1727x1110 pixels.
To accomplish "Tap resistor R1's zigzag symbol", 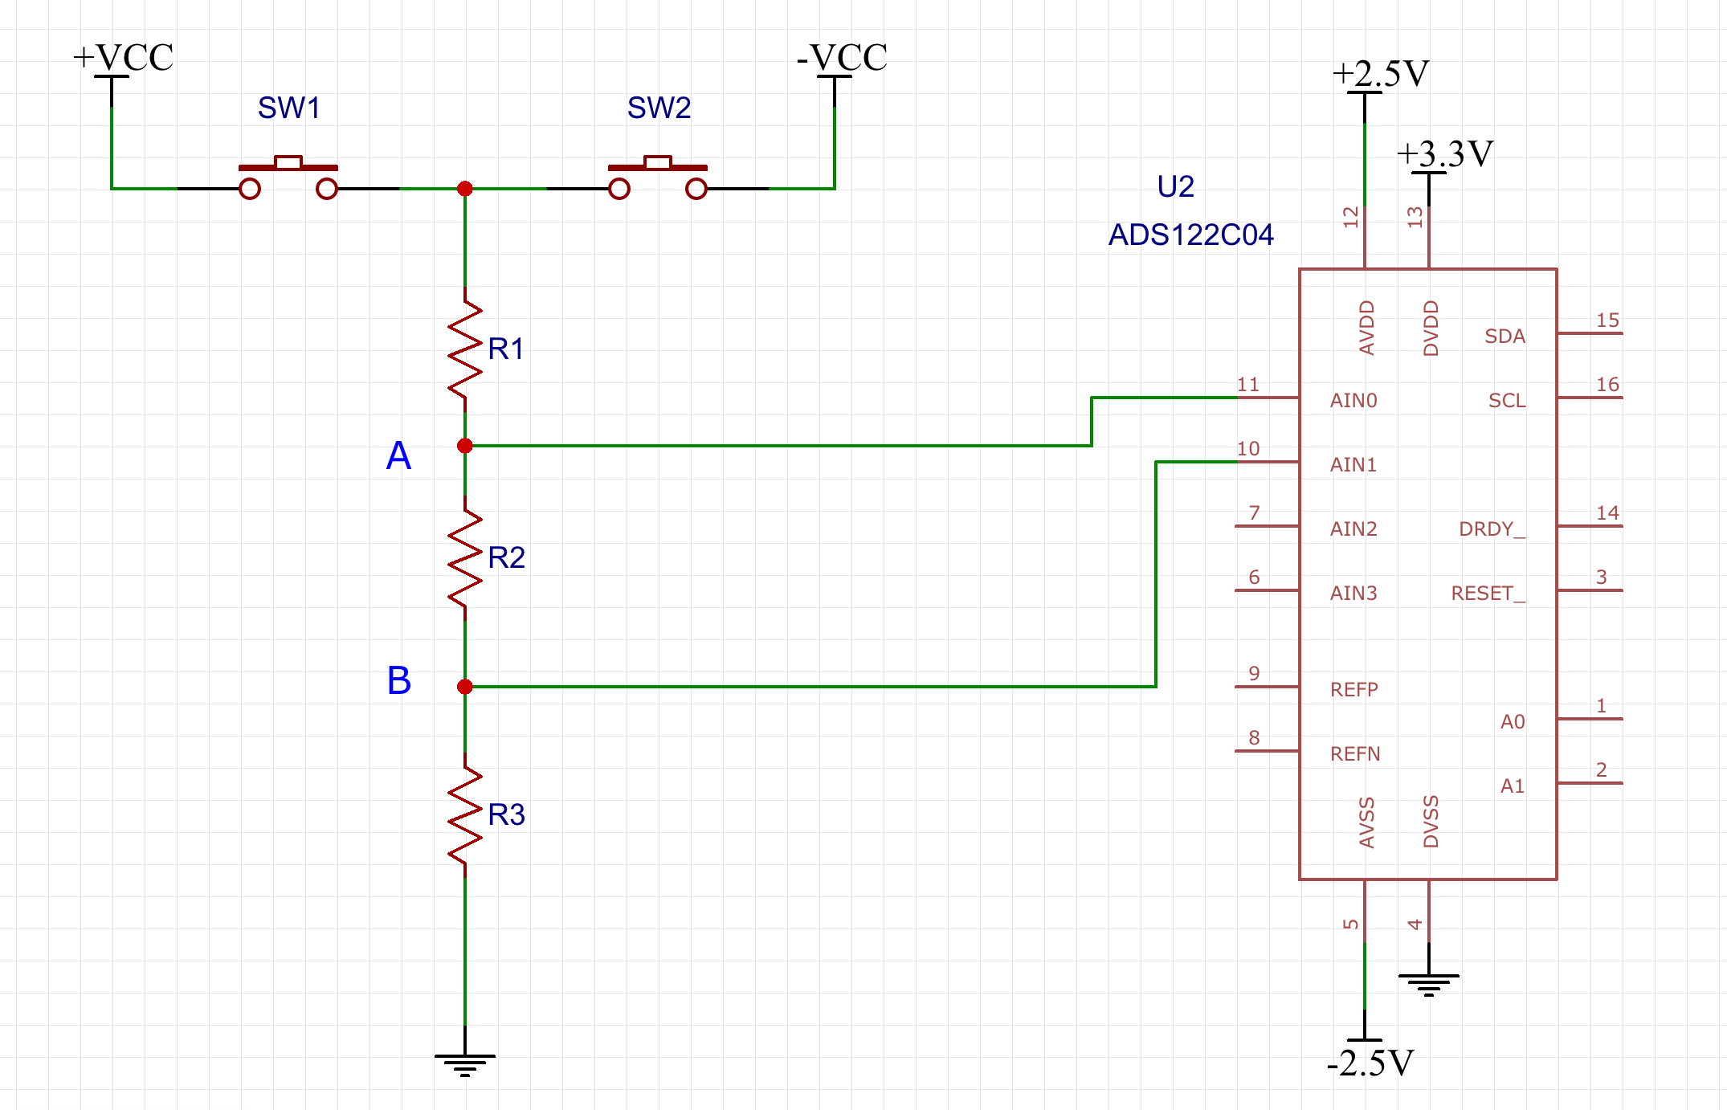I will [465, 349].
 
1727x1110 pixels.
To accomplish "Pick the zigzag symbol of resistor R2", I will [465, 558].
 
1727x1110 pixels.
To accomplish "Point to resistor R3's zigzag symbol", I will [465, 815].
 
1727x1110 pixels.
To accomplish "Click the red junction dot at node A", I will [465, 446].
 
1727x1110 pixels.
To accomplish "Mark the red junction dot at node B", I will [465, 687].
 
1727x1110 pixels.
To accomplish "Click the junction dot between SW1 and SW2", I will [465, 189].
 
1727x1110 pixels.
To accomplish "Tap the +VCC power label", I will [123, 58].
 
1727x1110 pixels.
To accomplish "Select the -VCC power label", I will [842, 58].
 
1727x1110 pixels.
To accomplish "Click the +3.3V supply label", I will [1444, 153].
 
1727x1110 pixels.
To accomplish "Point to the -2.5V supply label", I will [1370, 1063].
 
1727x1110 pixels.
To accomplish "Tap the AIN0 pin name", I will [1353, 400].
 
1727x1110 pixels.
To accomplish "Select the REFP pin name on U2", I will [1354, 689].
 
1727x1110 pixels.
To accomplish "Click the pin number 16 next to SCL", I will [1607, 385].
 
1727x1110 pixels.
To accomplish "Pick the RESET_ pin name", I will [1488, 594].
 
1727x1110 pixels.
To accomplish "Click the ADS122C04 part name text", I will [1191, 235].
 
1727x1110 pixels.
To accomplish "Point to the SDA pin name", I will [1504, 337].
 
